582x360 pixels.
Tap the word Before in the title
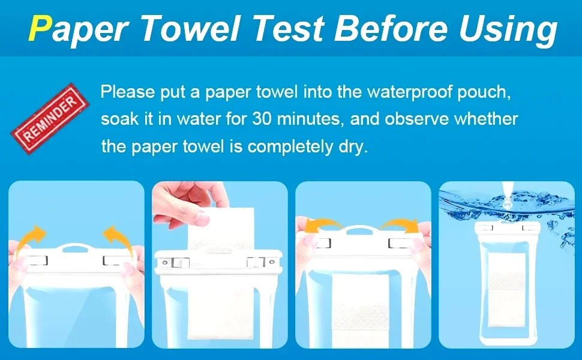point(390,28)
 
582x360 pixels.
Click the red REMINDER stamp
point(50,118)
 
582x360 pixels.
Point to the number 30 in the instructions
point(262,119)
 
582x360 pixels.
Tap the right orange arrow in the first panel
point(118,238)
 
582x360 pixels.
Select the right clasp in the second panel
point(256,262)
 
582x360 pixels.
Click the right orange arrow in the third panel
point(401,225)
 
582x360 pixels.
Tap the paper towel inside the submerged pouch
point(506,290)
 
